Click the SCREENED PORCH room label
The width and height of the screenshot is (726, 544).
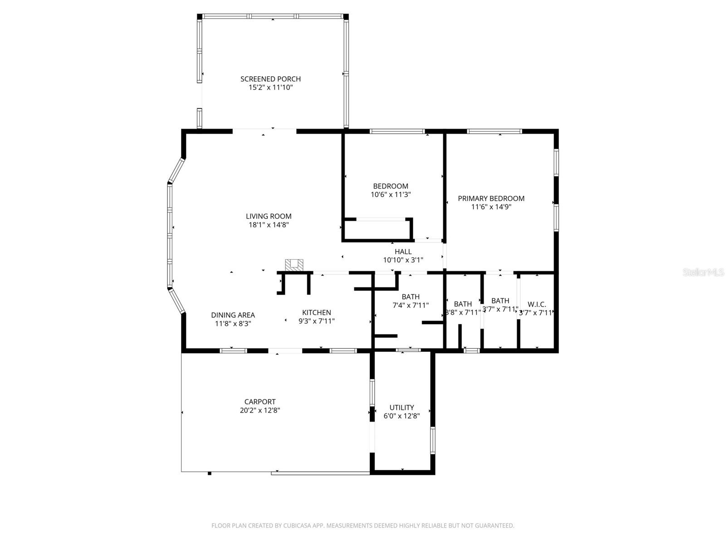[x=270, y=79]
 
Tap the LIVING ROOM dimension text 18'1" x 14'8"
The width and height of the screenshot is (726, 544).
[x=269, y=225]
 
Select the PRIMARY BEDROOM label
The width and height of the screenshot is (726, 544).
[x=491, y=198]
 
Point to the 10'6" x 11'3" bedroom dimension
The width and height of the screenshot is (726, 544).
[x=391, y=194]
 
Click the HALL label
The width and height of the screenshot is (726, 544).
[x=403, y=252]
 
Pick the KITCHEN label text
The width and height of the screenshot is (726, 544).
[x=317, y=312]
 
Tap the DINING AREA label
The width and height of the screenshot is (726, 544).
[x=233, y=315]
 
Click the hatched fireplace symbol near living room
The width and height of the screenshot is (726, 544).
[x=294, y=265]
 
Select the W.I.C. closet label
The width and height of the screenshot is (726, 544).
[x=537, y=305]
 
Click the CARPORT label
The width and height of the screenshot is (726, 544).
[x=260, y=402]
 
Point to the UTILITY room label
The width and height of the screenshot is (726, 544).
[x=402, y=408]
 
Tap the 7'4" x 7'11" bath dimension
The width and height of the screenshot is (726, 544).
[x=411, y=306]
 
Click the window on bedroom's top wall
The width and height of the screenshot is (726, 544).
[x=397, y=131]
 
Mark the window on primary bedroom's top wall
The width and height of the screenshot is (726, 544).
[x=495, y=131]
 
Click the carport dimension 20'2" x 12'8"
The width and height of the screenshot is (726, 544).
[x=260, y=410]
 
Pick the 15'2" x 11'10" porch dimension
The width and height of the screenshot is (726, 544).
[x=270, y=87]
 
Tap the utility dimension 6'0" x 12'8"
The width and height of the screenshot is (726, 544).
[x=402, y=416]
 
